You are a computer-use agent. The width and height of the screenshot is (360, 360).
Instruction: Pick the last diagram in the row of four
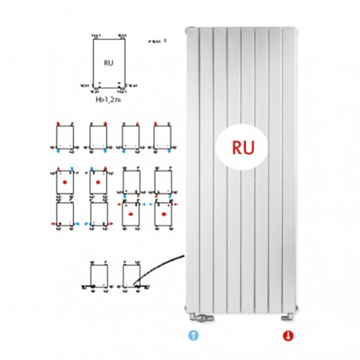[x=163, y=138]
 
